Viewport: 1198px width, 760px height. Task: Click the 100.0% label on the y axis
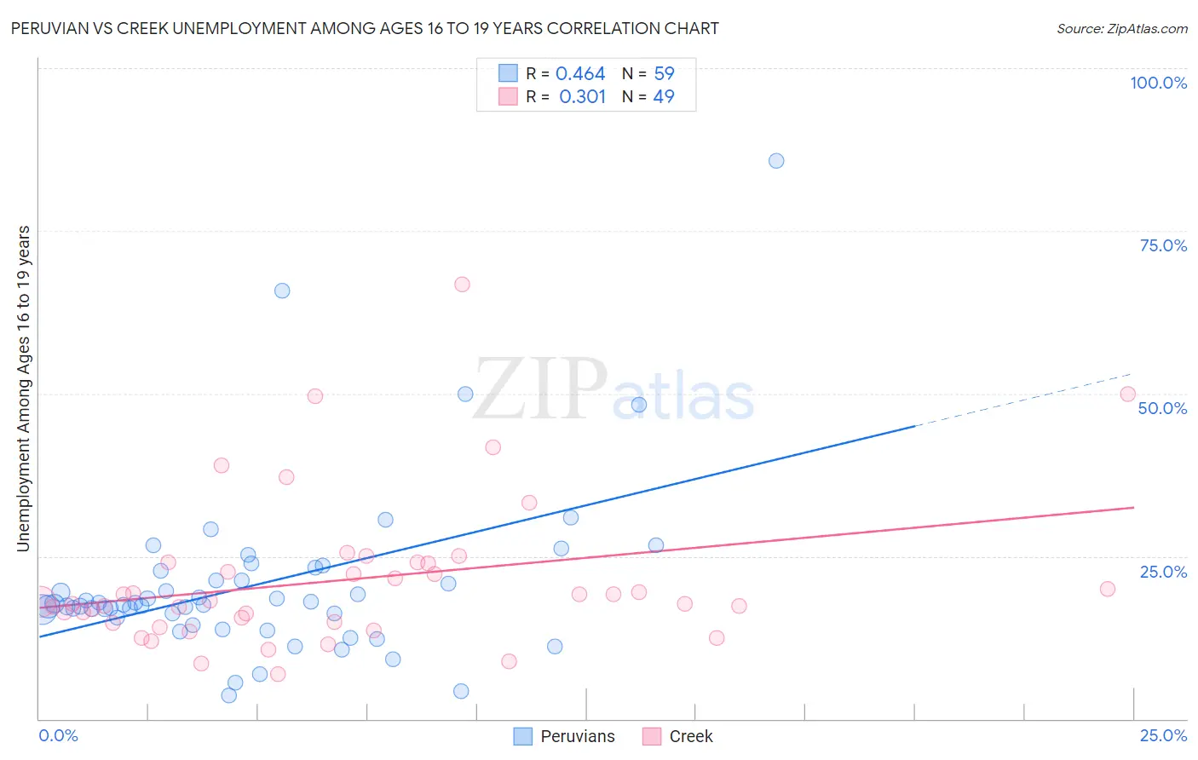pyautogui.click(x=1158, y=83)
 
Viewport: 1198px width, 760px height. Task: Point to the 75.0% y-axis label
pyautogui.click(x=1163, y=245)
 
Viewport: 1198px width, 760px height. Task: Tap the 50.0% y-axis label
pyautogui.click(x=1162, y=408)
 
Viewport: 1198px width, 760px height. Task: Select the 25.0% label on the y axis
pyautogui.click(x=1163, y=572)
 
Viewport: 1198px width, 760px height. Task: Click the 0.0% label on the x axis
pyautogui.click(x=58, y=736)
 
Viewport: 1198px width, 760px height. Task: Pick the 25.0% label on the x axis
pyautogui.click(x=1163, y=736)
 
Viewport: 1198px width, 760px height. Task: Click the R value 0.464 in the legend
pyautogui.click(x=580, y=74)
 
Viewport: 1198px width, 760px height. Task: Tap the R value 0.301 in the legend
pyautogui.click(x=582, y=97)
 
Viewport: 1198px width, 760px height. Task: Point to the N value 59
pyautogui.click(x=664, y=74)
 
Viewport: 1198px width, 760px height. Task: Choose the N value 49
pyautogui.click(x=664, y=97)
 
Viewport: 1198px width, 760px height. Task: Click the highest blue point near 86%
pyautogui.click(x=776, y=161)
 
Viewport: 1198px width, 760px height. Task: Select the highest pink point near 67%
pyautogui.click(x=462, y=285)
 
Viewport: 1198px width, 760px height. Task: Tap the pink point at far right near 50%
pyautogui.click(x=1127, y=394)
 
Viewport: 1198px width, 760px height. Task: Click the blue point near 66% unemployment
pyautogui.click(x=282, y=291)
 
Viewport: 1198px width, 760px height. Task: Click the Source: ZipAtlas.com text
pyautogui.click(x=1121, y=29)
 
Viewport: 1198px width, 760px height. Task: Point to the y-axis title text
pyautogui.click(x=23, y=389)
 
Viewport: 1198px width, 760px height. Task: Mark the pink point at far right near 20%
pyautogui.click(x=1108, y=589)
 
